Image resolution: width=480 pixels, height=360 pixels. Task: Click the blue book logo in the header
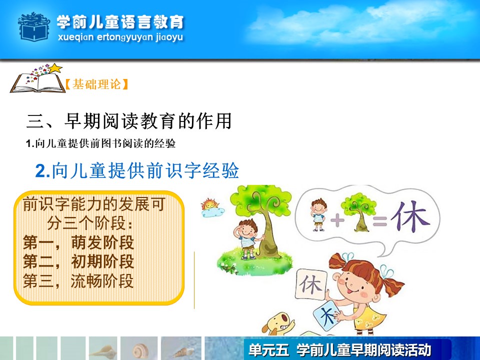pyautogui.click(x=34, y=27)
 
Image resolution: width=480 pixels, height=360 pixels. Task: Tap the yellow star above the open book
pyautogui.click(x=55, y=68)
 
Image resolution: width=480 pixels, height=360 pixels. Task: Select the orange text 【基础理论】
pyautogui.click(x=96, y=84)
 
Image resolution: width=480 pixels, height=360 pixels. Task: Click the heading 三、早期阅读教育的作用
pyautogui.click(x=129, y=121)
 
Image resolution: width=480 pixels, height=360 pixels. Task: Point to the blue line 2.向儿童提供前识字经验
pyautogui.click(x=137, y=170)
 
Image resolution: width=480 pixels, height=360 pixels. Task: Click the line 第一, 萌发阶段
pyautogui.click(x=78, y=242)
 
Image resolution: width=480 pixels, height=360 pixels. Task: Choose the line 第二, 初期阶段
pyautogui.click(x=78, y=261)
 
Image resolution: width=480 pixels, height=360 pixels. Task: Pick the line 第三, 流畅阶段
pyautogui.click(x=78, y=280)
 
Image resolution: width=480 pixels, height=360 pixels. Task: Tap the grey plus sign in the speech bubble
pyautogui.click(x=337, y=220)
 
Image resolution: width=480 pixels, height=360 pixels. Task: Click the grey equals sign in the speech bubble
pyautogui.click(x=379, y=220)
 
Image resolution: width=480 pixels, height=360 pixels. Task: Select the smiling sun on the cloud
pyautogui.click(x=211, y=207)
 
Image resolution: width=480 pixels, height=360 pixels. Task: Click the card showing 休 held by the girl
pyautogui.click(x=310, y=284)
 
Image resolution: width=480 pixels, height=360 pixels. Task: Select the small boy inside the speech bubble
pyautogui.click(x=318, y=214)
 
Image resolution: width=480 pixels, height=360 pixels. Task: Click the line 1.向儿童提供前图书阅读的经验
pyautogui.click(x=100, y=143)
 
